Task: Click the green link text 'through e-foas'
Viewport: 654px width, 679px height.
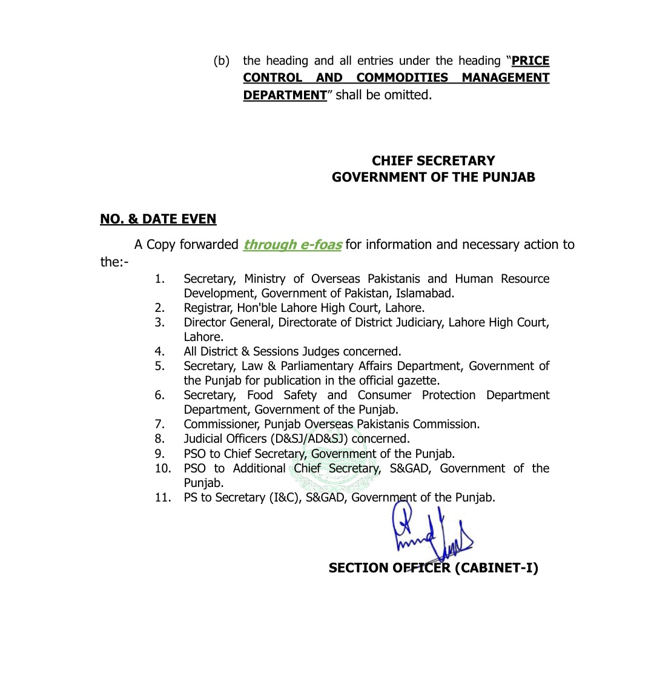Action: [x=292, y=245]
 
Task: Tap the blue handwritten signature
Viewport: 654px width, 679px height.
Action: [x=431, y=536]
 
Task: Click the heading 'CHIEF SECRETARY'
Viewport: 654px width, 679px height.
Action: [x=433, y=161]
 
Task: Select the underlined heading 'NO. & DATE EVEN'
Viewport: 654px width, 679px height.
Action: [x=158, y=219]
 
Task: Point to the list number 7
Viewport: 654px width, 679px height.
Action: [x=159, y=424]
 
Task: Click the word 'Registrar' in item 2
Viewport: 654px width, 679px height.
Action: [x=208, y=308]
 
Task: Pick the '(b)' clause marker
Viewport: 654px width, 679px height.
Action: [x=222, y=61]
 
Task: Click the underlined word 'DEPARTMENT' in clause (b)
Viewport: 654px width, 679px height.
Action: [x=285, y=95]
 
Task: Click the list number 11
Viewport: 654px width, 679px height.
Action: [x=162, y=497]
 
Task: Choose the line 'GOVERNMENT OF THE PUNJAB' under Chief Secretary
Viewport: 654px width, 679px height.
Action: [x=433, y=177]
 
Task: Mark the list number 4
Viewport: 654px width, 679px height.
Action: [x=159, y=351]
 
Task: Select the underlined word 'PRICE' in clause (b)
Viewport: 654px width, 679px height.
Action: [x=530, y=61]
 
